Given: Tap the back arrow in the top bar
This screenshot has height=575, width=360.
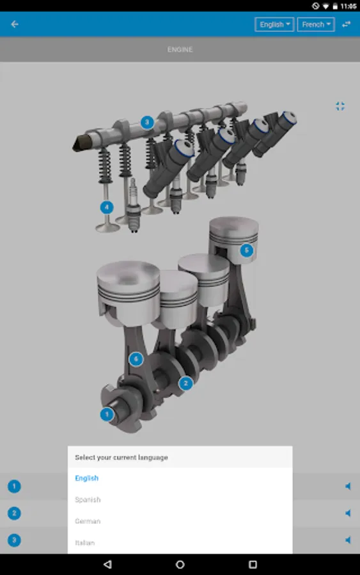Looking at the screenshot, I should [15, 24].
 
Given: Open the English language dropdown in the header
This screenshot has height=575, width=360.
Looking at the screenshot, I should [274, 25].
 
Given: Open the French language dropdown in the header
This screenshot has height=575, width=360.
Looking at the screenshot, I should [316, 25].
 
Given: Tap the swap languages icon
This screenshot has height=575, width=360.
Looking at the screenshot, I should [346, 24].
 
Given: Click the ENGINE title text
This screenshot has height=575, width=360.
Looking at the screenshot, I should [180, 49].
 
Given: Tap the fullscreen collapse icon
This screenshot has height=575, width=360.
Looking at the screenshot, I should [340, 106].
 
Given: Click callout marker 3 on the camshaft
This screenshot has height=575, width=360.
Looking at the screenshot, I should [147, 122].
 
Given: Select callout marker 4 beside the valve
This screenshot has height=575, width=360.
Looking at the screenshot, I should [107, 207].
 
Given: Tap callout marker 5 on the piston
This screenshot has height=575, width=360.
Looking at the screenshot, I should [247, 250].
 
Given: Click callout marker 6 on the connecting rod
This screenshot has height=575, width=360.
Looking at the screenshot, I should [135, 359].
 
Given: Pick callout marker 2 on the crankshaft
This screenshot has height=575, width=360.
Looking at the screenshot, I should [185, 383].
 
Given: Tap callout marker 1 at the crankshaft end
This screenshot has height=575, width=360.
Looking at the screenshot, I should [107, 414].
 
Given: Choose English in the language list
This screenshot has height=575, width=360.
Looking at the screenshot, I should [87, 478].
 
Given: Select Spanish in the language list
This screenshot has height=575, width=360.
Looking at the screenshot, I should [88, 500].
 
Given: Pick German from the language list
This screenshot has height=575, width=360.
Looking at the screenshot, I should [88, 521].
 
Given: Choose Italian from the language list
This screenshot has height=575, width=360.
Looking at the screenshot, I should [85, 542].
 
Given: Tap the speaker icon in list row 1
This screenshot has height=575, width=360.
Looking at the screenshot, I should [348, 486].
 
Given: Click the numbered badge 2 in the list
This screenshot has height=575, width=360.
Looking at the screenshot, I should [14, 513].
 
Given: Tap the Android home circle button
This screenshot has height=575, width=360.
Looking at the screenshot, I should [180, 564].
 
